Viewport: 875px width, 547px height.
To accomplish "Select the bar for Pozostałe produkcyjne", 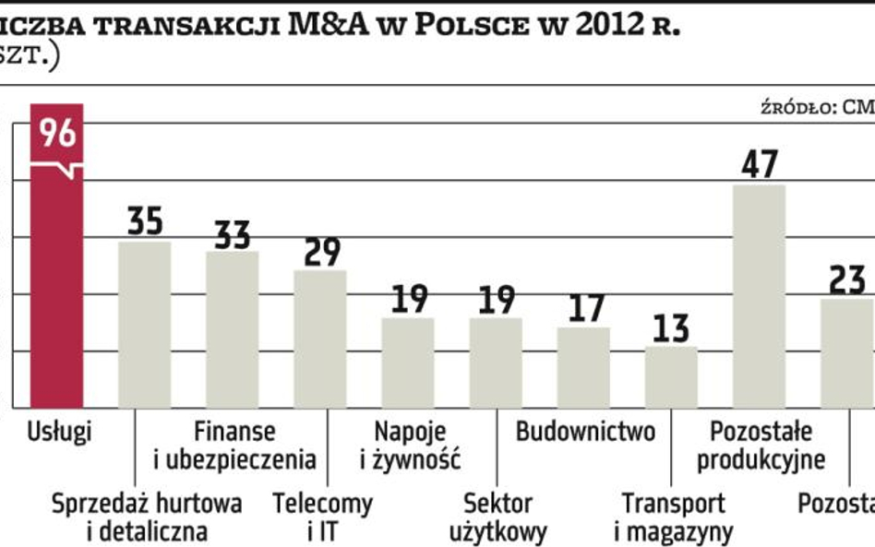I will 760,295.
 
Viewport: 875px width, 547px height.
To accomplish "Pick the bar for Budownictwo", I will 583,367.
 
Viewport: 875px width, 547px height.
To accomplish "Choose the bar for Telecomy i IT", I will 320,339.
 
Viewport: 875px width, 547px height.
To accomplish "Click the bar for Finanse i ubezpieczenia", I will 233,329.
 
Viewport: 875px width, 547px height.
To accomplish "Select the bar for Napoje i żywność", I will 408,363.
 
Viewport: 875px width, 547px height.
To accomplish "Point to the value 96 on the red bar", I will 57,134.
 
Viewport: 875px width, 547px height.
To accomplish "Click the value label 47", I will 760,164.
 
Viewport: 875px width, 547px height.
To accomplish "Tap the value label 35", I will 145,221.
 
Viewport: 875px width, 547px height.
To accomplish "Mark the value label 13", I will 671,327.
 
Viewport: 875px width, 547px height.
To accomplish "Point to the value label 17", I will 583,308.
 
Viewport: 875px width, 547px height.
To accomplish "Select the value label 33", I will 233,232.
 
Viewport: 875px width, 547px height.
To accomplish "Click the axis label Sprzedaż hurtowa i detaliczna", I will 147,517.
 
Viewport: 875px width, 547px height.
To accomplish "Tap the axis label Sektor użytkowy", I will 498,517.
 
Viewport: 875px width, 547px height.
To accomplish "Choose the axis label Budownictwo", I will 585,432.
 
